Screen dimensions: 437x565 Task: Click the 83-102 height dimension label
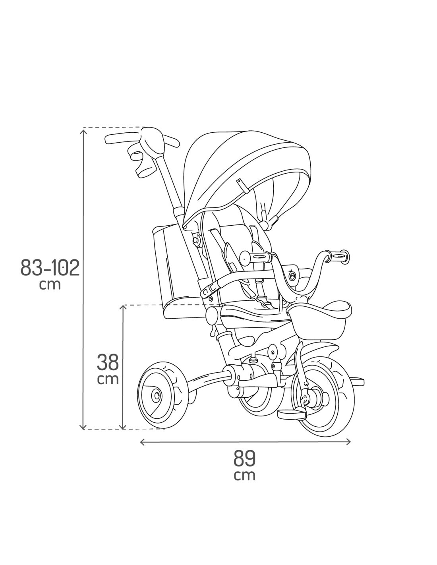click(x=50, y=267)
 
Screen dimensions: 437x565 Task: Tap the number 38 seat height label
click(x=108, y=363)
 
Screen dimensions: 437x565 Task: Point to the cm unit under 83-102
click(x=50, y=284)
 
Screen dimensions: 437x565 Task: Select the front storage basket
click(x=319, y=321)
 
